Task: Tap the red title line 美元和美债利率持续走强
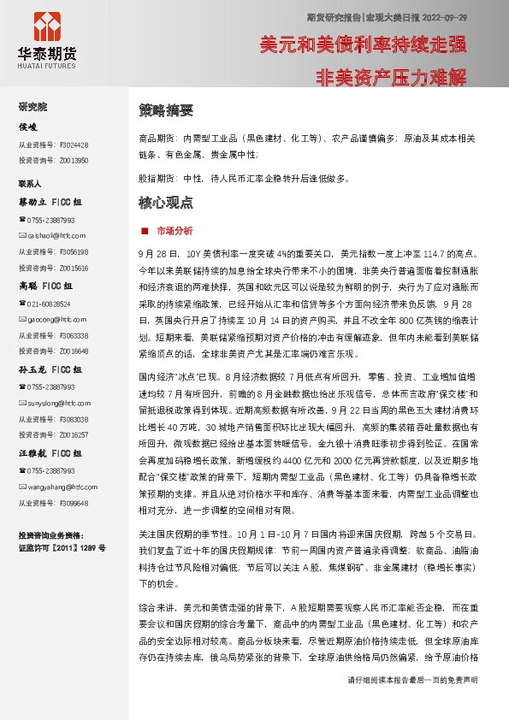click(x=363, y=44)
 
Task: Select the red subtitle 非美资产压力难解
click(x=391, y=77)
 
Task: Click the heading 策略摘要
click(x=166, y=110)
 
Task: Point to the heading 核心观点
click(x=166, y=204)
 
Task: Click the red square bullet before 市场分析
click(x=145, y=231)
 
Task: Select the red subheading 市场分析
click(x=175, y=231)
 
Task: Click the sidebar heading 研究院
click(x=33, y=107)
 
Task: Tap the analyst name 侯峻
click(x=28, y=127)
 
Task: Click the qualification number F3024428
click(x=74, y=145)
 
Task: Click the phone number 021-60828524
click(x=50, y=304)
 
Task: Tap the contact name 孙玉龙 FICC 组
click(x=50, y=369)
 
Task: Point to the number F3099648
click(x=74, y=502)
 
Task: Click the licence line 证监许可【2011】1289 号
click(x=62, y=547)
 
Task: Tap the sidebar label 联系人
click(x=30, y=183)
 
